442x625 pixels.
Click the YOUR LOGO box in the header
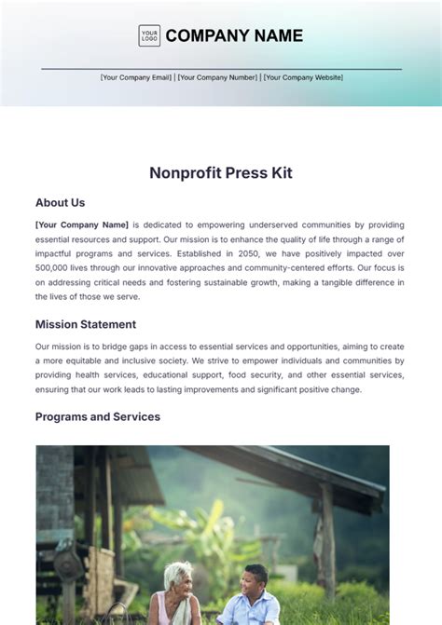point(149,35)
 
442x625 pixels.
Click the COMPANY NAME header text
point(234,36)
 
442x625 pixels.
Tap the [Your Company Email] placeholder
point(136,77)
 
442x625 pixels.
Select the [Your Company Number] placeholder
point(217,77)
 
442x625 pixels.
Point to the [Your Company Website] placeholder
point(303,77)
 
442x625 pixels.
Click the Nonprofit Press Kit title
point(220,172)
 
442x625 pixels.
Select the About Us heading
point(60,202)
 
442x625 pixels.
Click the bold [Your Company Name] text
point(81,224)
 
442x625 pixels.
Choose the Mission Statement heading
point(86,324)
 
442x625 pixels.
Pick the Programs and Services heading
point(98,416)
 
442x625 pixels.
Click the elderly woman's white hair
point(178,571)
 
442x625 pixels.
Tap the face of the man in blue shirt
point(253,583)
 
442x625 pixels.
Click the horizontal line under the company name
point(221,68)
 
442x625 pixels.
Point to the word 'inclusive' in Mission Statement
point(149,360)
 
